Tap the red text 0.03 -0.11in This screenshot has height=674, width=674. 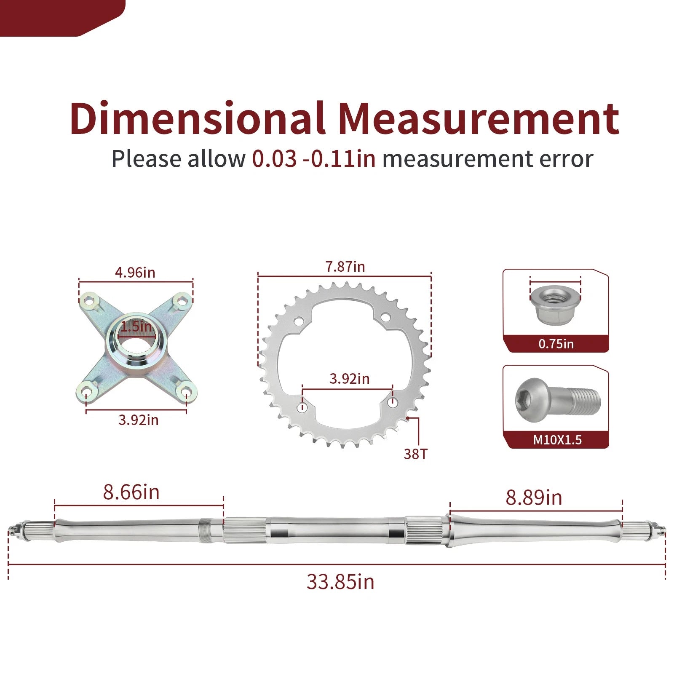[x=314, y=159]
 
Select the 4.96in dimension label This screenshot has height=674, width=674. [x=135, y=273]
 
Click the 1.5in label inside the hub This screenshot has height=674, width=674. [x=136, y=326]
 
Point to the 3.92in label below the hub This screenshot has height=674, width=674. [x=139, y=420]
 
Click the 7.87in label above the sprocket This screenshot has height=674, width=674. [x=345, y=267]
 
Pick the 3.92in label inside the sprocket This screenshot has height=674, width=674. [x=349, y=379]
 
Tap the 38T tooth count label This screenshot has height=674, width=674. [x=415, y=454]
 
